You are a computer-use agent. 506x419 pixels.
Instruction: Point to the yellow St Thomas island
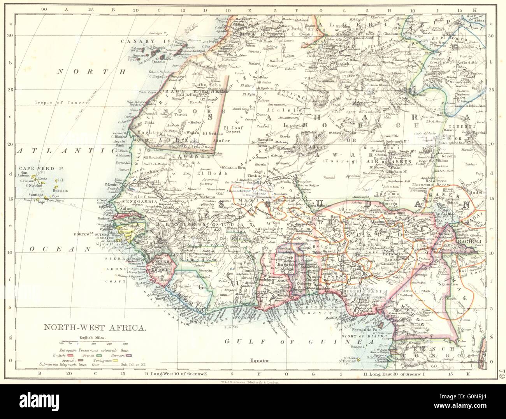pyautogui.click(x=358, y=360)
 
